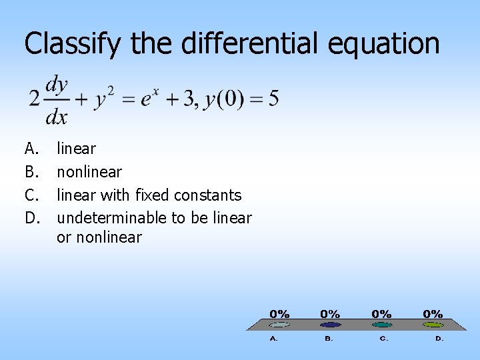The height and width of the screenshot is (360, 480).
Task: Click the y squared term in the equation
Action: point(104,100)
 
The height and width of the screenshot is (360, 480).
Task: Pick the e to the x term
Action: point(151,99)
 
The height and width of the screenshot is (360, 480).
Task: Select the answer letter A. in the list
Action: point(31,149)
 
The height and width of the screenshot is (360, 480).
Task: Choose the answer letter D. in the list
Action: point(31,218)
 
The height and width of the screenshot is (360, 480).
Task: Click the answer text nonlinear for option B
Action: point(89,172)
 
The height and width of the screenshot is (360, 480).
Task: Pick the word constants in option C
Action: point(207,195)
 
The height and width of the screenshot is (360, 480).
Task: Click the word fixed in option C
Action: point(152,195)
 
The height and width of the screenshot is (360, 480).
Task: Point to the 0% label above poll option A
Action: point(279,313)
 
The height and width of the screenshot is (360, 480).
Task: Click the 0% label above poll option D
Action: point(433,313)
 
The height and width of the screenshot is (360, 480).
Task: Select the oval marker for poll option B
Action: point(330,325)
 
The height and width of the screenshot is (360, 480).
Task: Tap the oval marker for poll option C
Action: point(382,325)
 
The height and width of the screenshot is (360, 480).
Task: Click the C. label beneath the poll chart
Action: point(384,339)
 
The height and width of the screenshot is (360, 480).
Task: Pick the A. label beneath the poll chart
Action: point(274,339)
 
